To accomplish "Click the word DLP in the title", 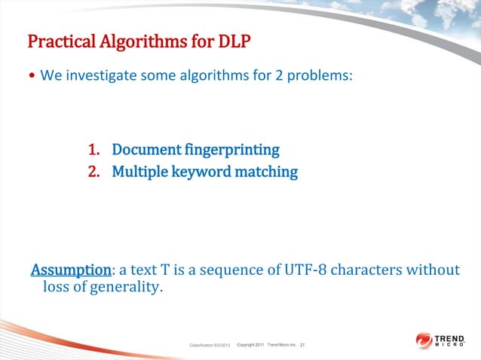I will click(x=231, y=40).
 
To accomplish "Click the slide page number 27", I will click(x=303, y=345).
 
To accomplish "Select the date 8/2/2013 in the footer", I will click(x=218, y=345).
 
